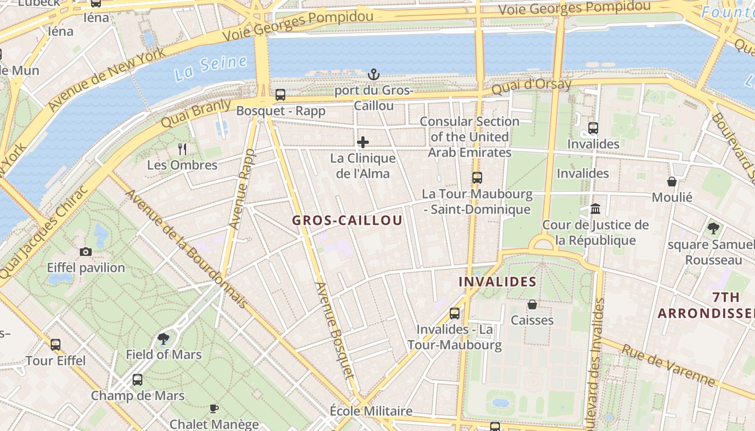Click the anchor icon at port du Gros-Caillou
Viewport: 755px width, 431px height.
(x=373, y=74)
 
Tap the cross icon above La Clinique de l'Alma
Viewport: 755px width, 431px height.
(x=363, y=142)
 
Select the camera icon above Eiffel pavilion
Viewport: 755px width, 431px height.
(x=86, y=252)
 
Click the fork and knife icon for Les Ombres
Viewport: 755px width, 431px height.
(x=182, y=149)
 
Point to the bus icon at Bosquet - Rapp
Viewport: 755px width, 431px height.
(x=280, y=95)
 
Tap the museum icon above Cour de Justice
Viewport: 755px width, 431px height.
(x=595, y=208)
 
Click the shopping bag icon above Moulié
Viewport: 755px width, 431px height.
(x=672, y=182)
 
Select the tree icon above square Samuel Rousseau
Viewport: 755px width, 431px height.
(x=713, y=228)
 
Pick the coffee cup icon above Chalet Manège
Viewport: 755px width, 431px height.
(x=214, y=408)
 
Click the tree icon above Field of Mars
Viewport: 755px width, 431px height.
(x=163, y=338)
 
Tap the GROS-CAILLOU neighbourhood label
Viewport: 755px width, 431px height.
(x=347, y=220)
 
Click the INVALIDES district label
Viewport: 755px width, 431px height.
(x=497, y=282)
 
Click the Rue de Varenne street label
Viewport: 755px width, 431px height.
(x=669, y=366)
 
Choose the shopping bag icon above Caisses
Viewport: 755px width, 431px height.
(x=532, y=304)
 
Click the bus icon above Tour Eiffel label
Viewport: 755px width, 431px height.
(x=56, y=345)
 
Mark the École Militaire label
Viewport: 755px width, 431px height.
(x=371, y=411)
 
